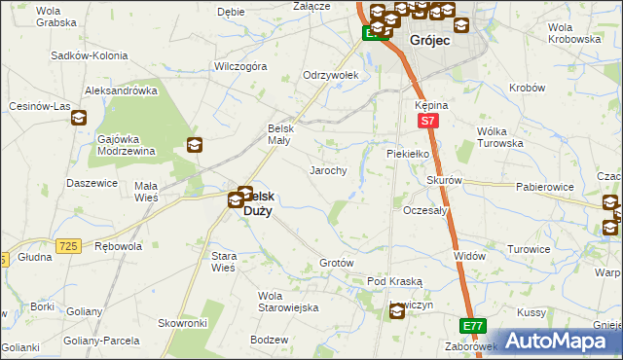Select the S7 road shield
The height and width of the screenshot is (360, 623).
click(426, 121)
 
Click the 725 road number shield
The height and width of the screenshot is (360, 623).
click(67, 247)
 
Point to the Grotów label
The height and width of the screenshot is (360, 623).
click(336, 264)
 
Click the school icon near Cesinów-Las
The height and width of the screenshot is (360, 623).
click(79, 119)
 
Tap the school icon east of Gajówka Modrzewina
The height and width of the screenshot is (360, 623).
click(195, 146)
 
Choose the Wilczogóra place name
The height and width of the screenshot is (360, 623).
click(240, 67)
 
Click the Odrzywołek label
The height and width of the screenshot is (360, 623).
click(331, 75)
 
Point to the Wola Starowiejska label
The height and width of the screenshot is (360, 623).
click(288, 301)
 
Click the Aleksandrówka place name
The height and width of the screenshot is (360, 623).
click(122, 90)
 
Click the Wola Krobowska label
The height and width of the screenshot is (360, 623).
click(573, 33)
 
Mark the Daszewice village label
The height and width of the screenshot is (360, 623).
click(92, 183)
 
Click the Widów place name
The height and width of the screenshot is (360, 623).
click(469, 255)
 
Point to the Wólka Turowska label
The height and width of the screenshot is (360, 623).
click(499, 136)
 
